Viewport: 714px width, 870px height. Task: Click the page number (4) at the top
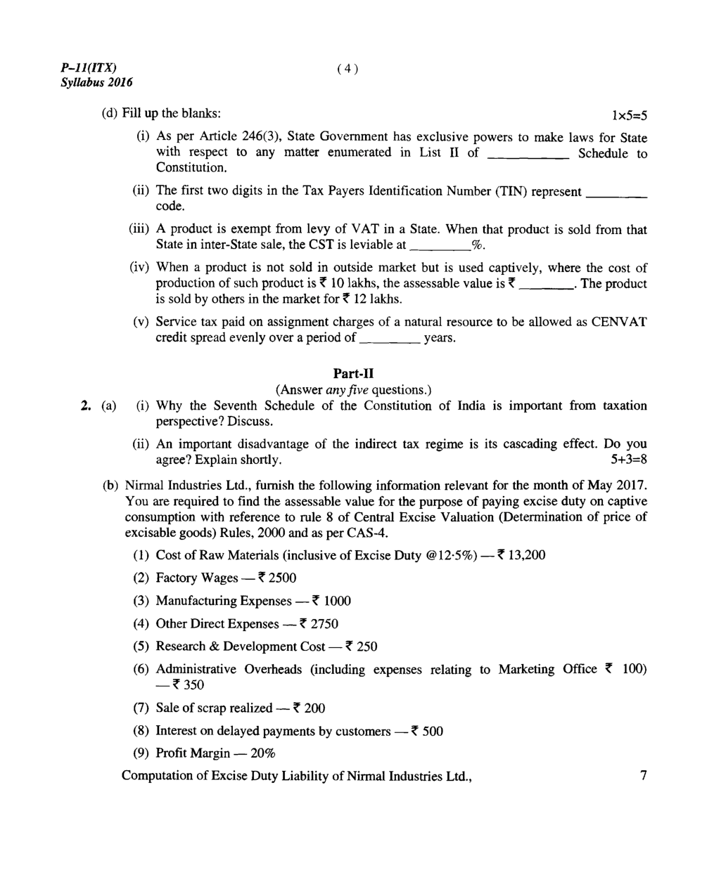tap(348, 68)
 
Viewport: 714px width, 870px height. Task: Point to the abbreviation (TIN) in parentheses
tap(511, 191)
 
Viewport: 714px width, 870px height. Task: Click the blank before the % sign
tap(439, 247)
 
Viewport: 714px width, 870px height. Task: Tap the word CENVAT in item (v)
tap(619, 322)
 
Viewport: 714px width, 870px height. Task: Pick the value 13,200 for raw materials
tap(526, 555)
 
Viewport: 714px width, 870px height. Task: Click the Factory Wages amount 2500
tap(282, 578)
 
